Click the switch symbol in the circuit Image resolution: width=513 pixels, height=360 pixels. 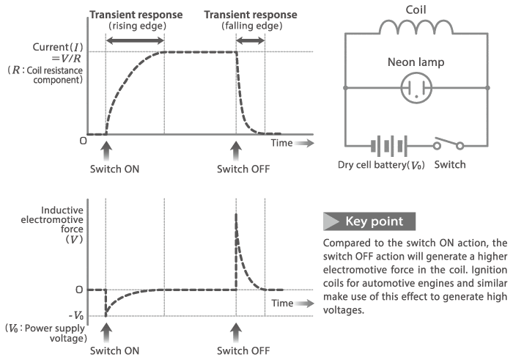click(449, 142)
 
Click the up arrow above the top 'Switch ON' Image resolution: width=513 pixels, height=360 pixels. click(106, 151)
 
